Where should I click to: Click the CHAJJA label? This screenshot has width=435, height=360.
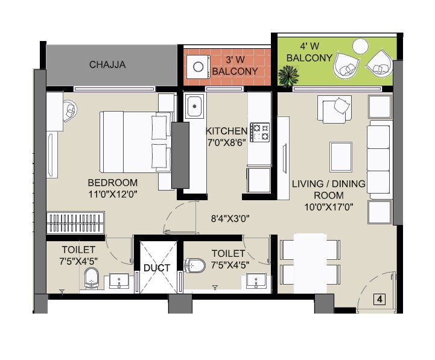[x=107, y=65]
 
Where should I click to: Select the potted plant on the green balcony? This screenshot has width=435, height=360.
[x=288, y=75]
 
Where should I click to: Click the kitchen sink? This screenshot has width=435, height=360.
[x=194, y=107]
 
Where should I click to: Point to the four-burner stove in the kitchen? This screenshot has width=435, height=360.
[x=260, y=132]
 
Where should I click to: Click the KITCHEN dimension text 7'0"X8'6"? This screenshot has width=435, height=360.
[x=227, y=142]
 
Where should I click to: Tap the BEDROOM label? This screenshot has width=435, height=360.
[x=112, y=183]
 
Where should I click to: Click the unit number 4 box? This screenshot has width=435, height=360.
[x=379, y=298]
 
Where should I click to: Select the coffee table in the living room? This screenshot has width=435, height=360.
[x=341, y=156]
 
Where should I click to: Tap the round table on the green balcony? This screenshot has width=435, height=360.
[x=361, y=46]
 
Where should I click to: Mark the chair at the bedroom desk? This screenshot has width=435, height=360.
[x=69, y=110]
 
